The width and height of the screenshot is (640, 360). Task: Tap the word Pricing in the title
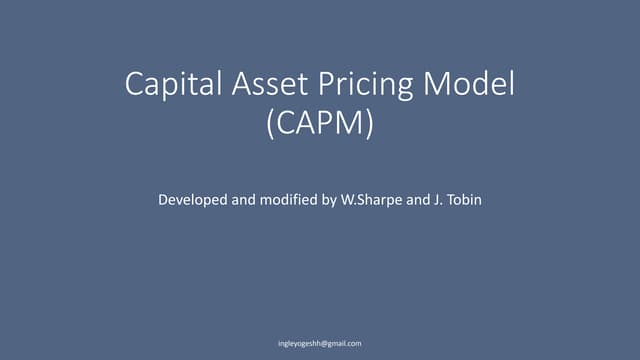(366, 86)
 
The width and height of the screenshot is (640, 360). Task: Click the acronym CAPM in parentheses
(320, 126)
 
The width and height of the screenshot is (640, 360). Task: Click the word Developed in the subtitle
(192, 201)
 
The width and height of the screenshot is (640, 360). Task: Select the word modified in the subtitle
(281, 200)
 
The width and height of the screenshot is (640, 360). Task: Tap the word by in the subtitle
(322, 201)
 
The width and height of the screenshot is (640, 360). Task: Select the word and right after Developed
(240, 200)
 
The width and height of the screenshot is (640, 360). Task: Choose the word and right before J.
(412, 200)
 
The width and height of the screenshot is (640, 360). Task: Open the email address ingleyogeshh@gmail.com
(319, 343)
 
